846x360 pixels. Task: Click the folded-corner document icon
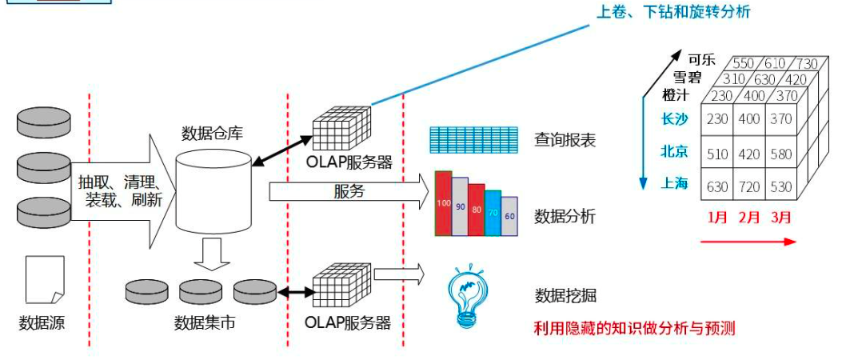(44, 279)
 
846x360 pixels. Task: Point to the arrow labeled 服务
(349, 192)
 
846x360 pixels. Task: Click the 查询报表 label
(565, 140)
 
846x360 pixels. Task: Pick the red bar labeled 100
(444, 204)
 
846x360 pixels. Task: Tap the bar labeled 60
(509, 216)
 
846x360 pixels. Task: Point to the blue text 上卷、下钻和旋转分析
(673, 12)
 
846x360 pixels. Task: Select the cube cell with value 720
(750, 186)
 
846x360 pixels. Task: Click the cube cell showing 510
(717, 152)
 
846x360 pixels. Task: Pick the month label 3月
(780, 217)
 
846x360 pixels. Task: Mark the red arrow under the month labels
(748, 241)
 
